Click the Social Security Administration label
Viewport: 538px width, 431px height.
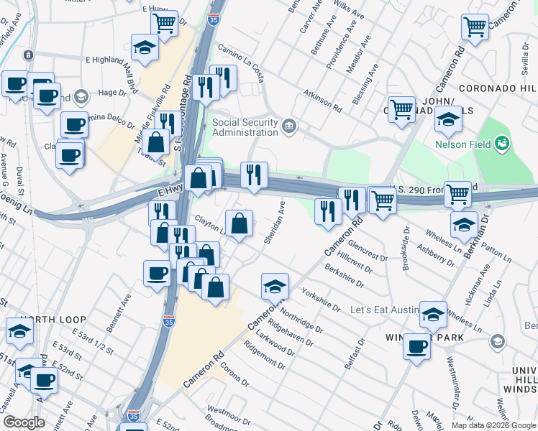pos(245,127)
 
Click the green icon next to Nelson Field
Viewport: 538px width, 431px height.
pos(502,144)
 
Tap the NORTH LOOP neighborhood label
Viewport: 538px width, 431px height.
pos(53,320)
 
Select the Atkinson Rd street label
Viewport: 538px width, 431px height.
pos(322,101)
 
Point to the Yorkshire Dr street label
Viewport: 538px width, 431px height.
pos(321,300)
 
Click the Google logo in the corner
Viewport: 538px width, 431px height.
pos(24,422)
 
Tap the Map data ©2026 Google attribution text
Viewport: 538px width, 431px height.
pos(493,425)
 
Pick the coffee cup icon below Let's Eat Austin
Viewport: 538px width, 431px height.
pos(416,347)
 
